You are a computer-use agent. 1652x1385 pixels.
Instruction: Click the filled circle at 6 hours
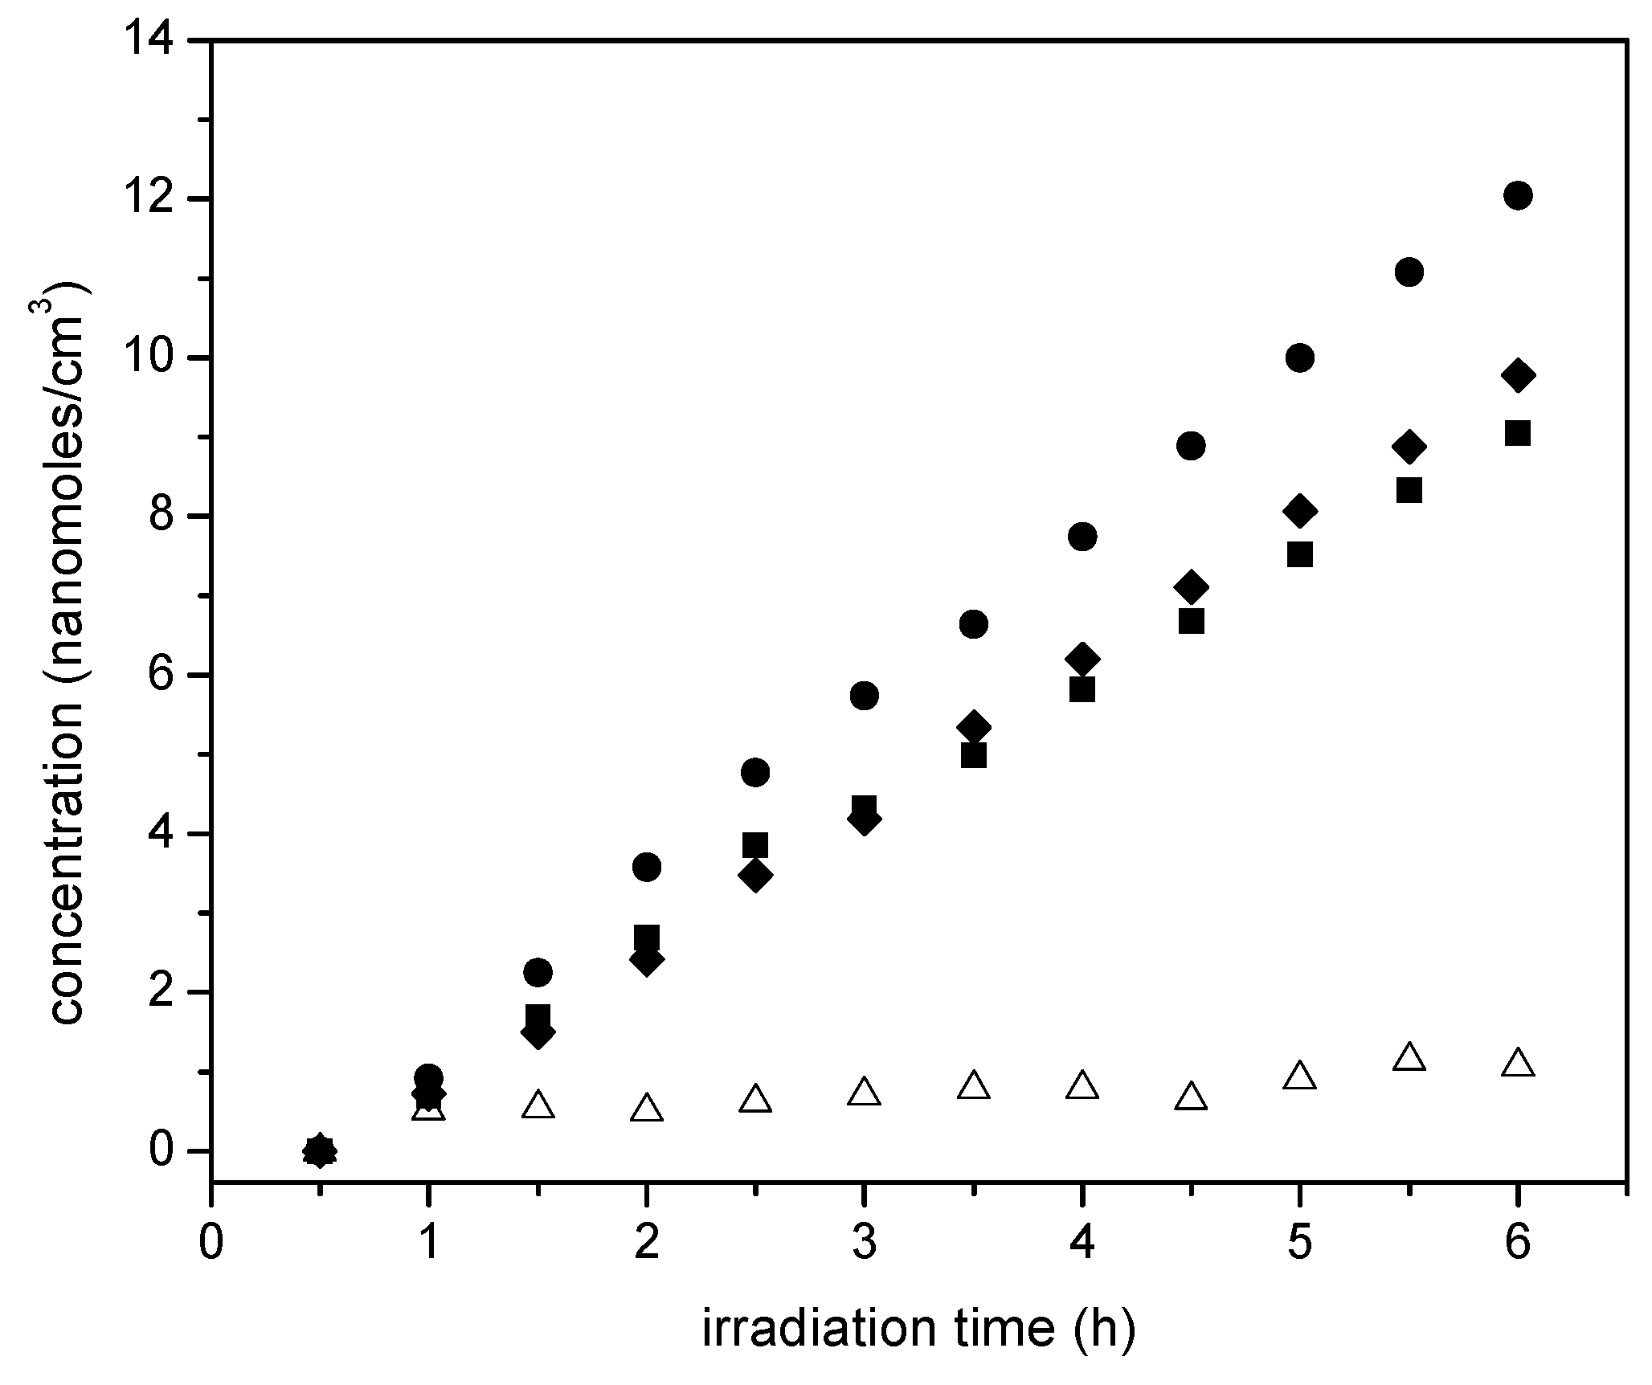(1517, 195)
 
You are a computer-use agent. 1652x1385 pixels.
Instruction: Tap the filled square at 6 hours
(1517, 434)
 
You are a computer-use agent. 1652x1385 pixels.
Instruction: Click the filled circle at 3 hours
(864, 695)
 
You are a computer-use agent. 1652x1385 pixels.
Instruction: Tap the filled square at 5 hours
(1299, 554)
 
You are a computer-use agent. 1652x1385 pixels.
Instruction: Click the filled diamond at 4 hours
(1082, 659)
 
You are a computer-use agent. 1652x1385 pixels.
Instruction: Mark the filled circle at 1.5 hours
(538, 972)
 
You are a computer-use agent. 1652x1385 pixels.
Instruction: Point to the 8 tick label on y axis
(174, 516)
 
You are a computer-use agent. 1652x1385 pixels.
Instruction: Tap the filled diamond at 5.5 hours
(1409, 446)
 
